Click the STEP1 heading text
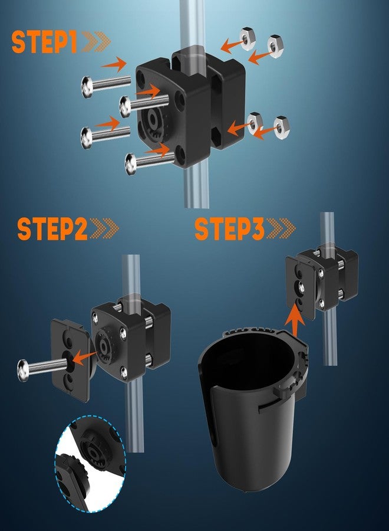point(45,42)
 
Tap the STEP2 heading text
point(53,229)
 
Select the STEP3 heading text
point(230,229)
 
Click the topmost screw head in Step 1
point(86,87)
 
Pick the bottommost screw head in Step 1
point(130,164)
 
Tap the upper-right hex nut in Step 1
point(275,45)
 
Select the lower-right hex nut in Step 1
point(281,127)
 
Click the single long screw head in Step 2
point(23,371)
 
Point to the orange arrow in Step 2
point(84,358)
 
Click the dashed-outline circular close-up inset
point(90,464)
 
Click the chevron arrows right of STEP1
point(96,42)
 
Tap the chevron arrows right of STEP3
point(281,229)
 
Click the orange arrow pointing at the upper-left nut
point(232,46)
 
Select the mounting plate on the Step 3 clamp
point(301,288)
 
